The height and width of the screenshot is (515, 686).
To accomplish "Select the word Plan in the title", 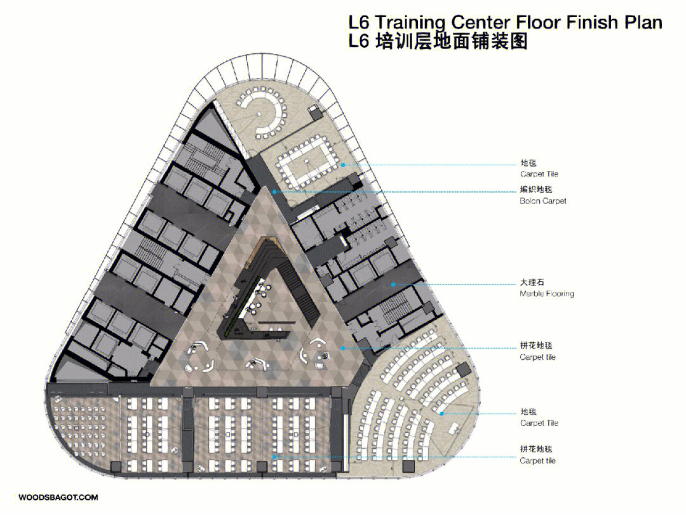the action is (x=643, y=22).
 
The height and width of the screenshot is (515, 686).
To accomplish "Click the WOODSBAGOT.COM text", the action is (x=58, y=497).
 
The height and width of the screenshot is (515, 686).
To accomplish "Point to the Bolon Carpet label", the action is (x=543, y=201).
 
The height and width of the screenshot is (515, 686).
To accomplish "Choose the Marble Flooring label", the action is (x=547, y=293).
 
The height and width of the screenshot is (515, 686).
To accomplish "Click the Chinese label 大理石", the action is (x=532, y=282).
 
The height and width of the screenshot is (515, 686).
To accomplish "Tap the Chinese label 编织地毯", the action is (x=536, y=189).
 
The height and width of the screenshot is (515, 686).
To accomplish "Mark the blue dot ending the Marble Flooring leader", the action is (x=393, y=284).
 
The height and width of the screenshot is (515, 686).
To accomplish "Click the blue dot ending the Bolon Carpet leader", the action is (x=274, y=192).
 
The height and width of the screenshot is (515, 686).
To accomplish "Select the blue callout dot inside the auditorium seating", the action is (x=442, y=413).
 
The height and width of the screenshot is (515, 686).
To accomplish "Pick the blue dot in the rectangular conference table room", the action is (x=344, y=165).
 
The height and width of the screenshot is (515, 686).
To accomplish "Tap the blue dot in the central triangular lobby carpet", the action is (x=344, y=348).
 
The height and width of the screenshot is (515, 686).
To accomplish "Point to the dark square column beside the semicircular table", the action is (x=316, y=114).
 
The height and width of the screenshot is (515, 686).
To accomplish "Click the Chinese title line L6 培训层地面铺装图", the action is (x=438, y=41).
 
